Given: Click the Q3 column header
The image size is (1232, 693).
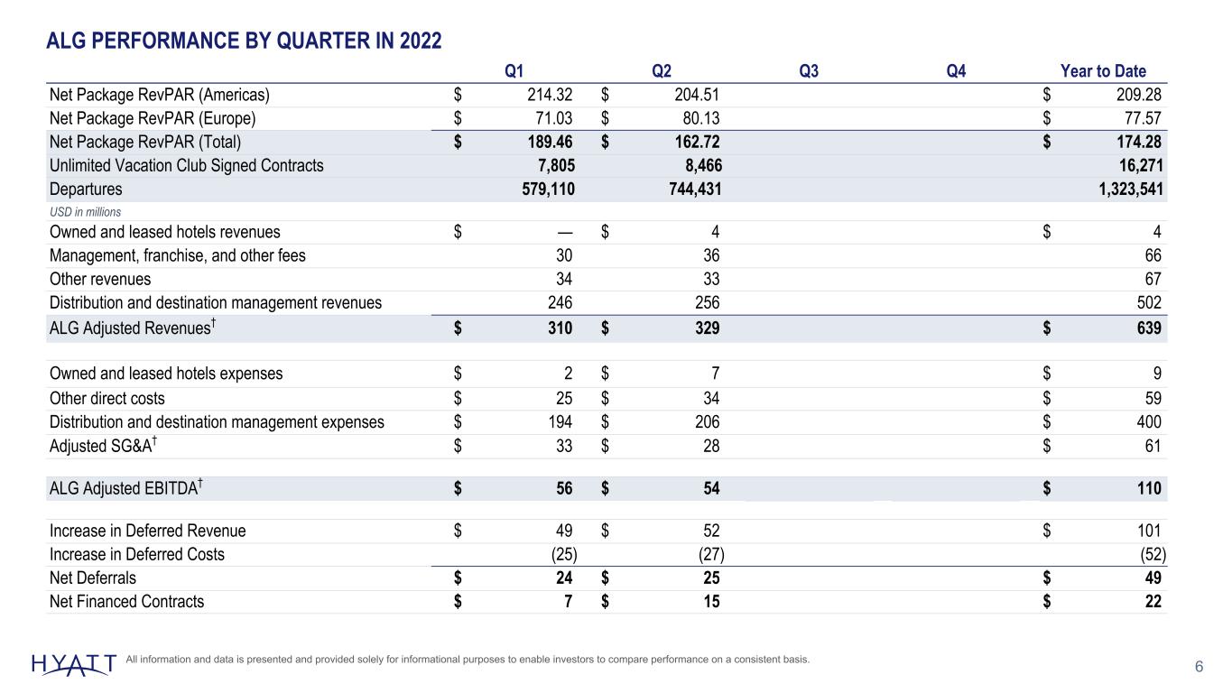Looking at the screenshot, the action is (809, 71).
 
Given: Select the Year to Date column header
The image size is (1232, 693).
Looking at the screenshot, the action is (1103, 71).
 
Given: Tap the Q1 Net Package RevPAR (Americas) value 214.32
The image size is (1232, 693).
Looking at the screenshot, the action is (550, 95).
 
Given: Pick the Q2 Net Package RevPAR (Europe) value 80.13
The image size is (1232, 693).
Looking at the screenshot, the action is (697, 118).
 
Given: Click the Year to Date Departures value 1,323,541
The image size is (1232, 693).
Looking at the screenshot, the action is (1131, 189).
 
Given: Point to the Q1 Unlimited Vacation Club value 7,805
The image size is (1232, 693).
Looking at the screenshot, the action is (556, 165).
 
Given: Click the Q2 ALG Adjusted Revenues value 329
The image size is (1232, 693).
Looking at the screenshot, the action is (707, 328).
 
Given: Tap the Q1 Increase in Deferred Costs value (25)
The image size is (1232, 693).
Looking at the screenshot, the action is (564, 554).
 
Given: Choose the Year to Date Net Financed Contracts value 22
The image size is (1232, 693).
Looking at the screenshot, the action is (1153, 602).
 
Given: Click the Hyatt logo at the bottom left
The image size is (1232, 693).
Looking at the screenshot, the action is (74, 664).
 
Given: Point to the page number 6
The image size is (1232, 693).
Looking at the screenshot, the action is (1199, 667).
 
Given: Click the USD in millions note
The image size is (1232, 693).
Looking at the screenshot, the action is (85, 212).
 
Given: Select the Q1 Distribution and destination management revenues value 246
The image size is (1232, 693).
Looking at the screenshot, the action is (560, 302).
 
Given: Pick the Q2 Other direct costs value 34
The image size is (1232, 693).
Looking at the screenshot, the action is (711, 398).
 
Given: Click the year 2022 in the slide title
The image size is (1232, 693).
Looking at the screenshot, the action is (421, 41).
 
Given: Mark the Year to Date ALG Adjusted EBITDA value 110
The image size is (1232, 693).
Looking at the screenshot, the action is (1149, 488).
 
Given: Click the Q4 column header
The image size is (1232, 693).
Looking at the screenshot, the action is (956, 71).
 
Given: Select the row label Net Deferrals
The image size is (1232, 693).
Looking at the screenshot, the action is (92, 578).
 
